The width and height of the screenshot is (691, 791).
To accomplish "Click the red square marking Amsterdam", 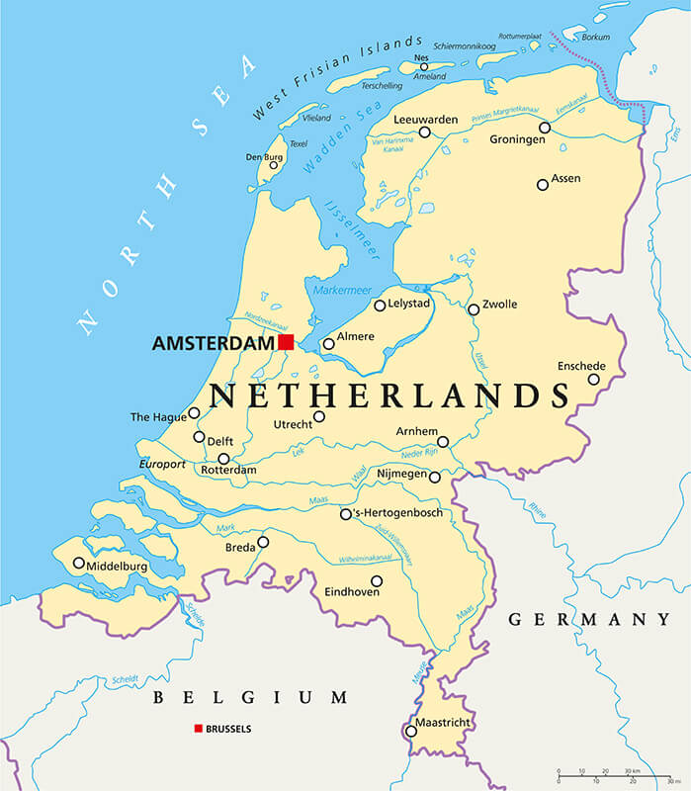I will click(x=286, y=342).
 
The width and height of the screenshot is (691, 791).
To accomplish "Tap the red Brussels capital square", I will click(x=199, y=729).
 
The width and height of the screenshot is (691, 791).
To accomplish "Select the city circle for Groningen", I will click(x=545, y=128).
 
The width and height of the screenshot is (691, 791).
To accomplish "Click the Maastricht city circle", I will click(x=411, y=732).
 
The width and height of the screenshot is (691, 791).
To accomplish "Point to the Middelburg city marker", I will click(x=79, y=563).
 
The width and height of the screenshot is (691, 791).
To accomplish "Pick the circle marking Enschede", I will click(x=594, y=379).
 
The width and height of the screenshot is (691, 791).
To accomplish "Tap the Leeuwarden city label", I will click(x=426, y=120).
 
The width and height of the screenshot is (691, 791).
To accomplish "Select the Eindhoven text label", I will click(x=354, y=592).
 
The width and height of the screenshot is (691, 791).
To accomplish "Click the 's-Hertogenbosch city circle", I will click(x=346, y=514).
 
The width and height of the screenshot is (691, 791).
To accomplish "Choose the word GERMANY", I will click(x=589, y=620).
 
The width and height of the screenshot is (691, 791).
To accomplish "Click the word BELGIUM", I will click(x=250, y=698).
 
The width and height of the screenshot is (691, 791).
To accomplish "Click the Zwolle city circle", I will click(x=474, y=309).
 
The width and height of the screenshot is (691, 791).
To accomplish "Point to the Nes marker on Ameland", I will click(x=424, y=67).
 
